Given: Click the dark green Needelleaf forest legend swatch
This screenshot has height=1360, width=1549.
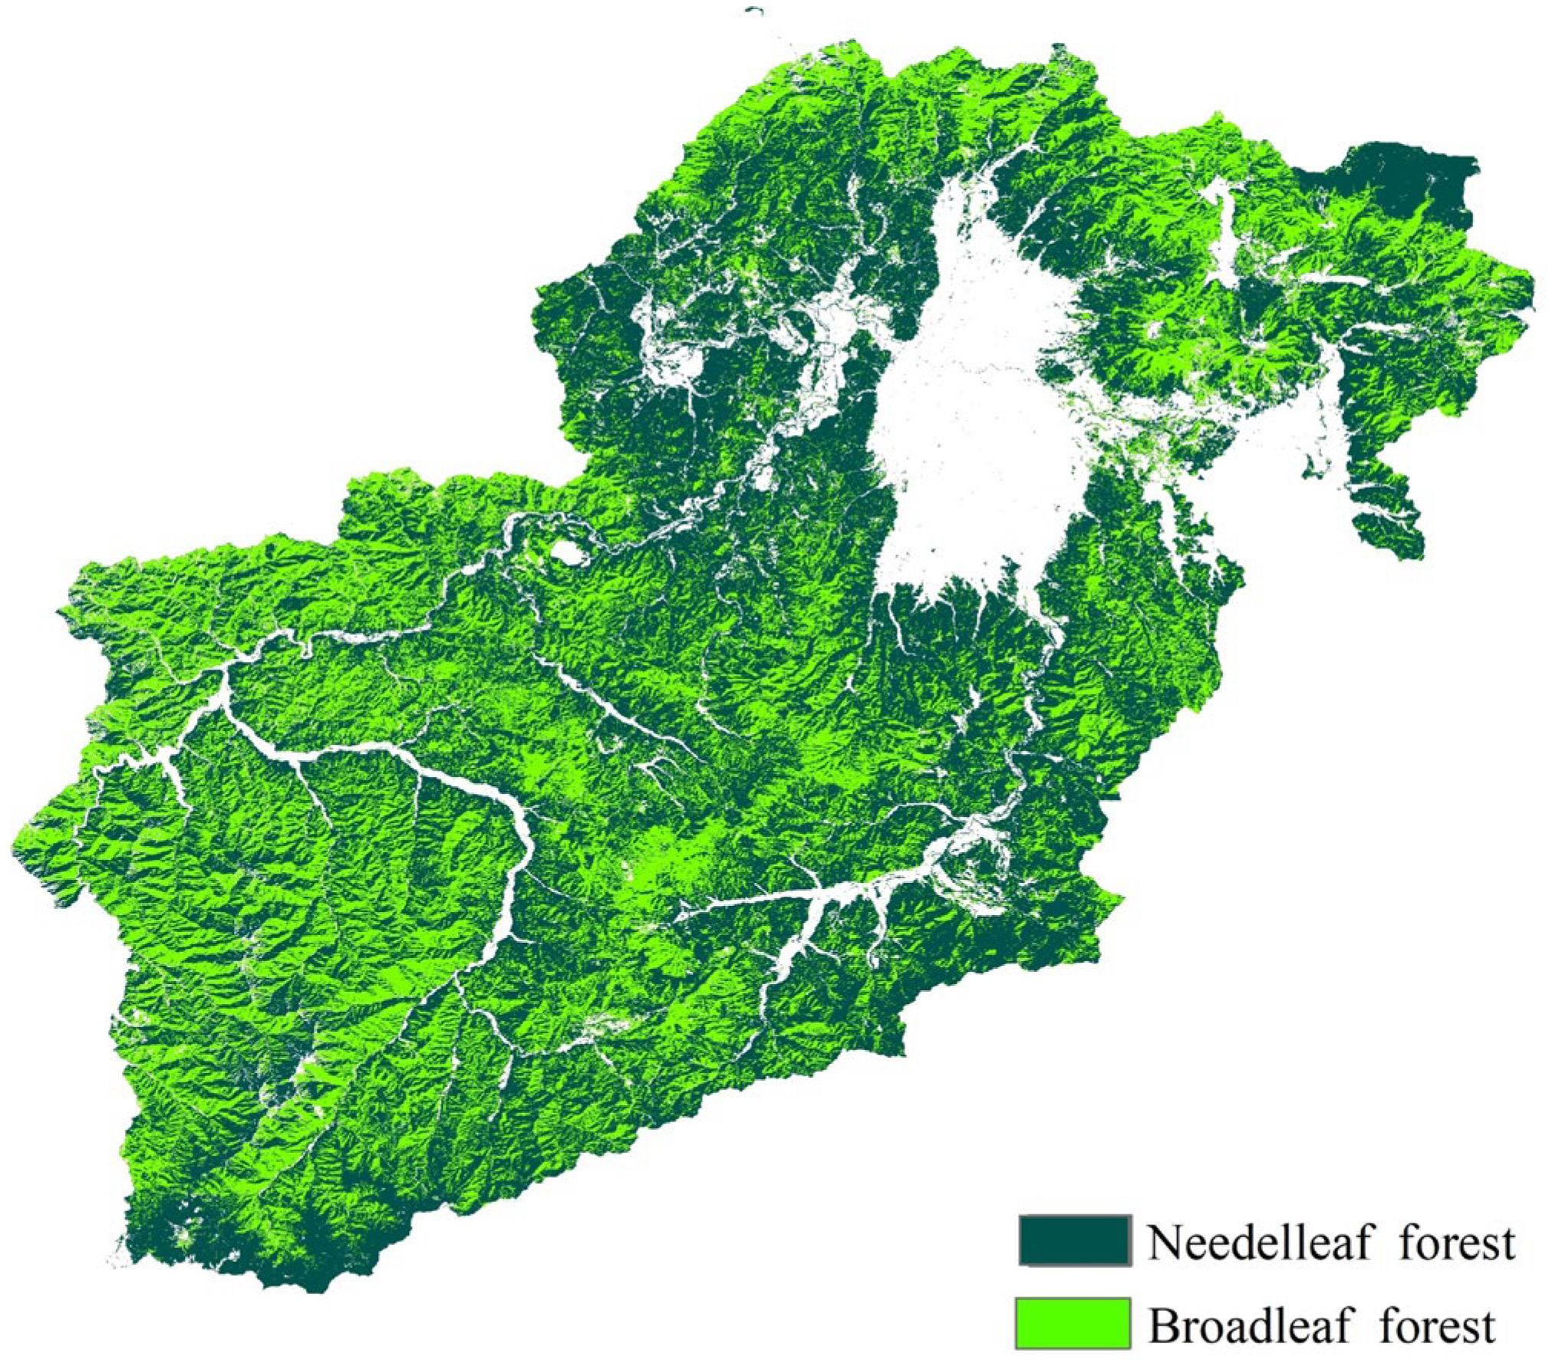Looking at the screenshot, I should pos(1074,1240).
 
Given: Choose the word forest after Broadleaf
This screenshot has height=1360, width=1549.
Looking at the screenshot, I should pos(1437,1325).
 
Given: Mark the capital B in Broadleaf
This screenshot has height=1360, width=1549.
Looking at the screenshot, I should pos(1163,1325).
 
